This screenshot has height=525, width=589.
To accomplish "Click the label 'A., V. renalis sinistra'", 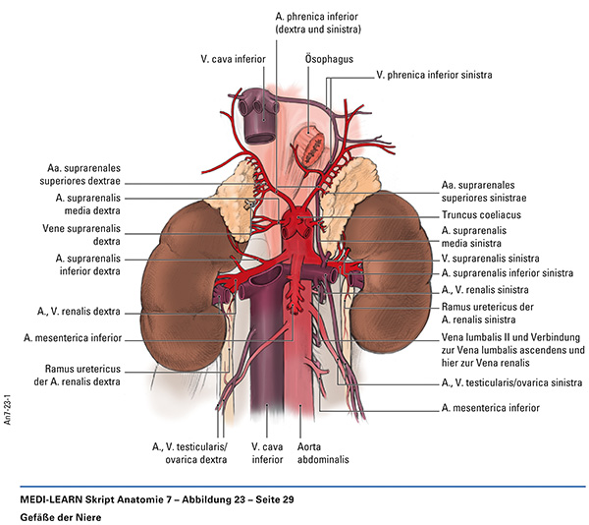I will click(485, 290).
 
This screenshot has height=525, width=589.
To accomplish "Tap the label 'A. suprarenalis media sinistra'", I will click(481, 235).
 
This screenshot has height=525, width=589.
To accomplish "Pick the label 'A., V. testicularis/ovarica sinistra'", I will click(509, 381).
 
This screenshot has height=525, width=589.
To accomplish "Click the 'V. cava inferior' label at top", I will click(232, 58).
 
